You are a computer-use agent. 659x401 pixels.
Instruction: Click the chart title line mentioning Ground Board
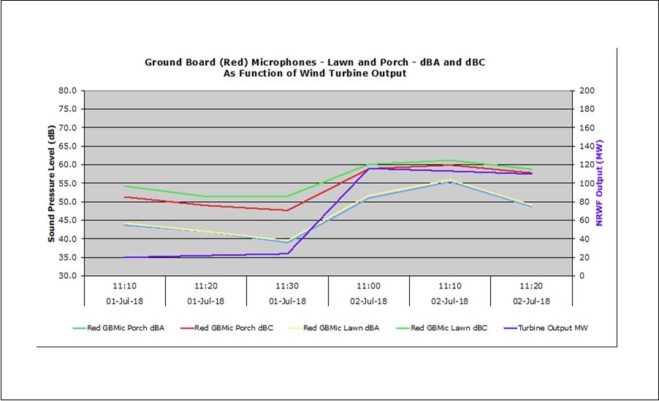point(314,63)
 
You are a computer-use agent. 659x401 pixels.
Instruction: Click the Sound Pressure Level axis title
point(51,184)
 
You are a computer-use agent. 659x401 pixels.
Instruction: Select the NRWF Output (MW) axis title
point(600,184)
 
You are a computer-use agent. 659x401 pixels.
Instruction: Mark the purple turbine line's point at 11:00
point(369,168)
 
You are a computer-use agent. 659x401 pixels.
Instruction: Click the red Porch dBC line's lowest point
point(287,210)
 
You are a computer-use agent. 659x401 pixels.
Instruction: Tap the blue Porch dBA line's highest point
point(450,181)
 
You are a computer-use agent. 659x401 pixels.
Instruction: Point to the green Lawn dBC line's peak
point(450,160)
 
